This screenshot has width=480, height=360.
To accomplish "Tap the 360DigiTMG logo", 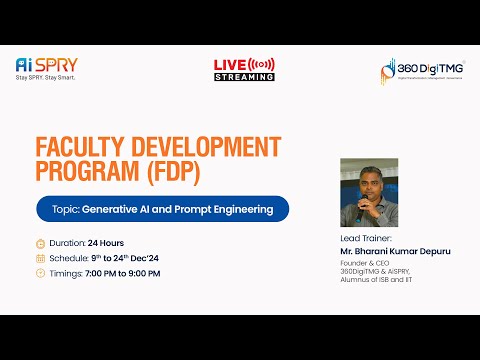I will [x=421, y=69].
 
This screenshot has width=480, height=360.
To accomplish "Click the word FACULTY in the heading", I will [x=79, y=146].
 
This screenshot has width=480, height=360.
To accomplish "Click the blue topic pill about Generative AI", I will [x=161, y=209].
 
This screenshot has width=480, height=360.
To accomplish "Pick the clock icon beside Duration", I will [x=40, y=242].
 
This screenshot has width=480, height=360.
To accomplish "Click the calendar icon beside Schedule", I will [x=40, y=257].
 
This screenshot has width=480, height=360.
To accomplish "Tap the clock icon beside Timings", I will [x=40, y=272].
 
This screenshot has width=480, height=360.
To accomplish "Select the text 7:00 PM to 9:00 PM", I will [x=122, y=272].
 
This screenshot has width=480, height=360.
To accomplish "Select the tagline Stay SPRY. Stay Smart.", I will [x=46, y=77].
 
